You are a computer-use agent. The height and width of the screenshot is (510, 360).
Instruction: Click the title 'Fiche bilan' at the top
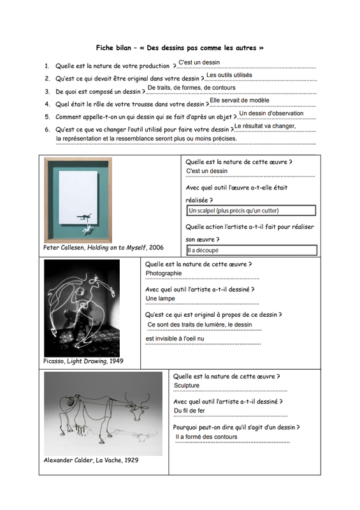[x=113, y=48]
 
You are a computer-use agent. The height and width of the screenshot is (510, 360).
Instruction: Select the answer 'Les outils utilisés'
[x=229, y=75]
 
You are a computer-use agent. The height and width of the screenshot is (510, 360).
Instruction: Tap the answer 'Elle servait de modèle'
[x=240, y=100]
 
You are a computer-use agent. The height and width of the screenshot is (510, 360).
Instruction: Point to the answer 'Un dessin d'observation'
[x=271, y=113]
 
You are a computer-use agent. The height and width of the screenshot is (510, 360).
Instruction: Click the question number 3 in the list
[x=47, y=92]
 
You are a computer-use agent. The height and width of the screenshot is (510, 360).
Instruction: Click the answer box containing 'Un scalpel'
[x=251, y=210]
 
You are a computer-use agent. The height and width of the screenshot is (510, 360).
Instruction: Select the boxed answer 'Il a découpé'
[x=252, y=250]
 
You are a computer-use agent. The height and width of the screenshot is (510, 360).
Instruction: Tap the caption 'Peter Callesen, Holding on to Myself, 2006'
[x=103, y=247]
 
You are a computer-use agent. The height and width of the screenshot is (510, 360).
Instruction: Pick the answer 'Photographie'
[x=164, y=273]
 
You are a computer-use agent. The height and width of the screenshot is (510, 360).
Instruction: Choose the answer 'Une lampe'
[x=161, y=298]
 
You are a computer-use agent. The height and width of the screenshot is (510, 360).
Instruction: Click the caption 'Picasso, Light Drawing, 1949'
[x=83, y=361]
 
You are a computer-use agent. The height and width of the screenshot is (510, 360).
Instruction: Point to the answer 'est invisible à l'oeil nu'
[x=175, y=339]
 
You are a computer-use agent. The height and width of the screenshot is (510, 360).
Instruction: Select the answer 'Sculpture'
[x=187, y=386]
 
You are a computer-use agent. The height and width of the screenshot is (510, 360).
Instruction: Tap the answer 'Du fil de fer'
[x=189, y=411]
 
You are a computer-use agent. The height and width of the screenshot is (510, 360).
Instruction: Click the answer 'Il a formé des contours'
[x=206, y=437]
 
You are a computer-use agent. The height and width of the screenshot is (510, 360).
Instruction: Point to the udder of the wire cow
[x=80, y=429]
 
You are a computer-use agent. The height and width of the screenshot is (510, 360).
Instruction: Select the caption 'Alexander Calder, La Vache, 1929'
[x=91, y=460]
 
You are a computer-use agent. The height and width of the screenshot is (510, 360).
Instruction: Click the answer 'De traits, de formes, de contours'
[x=192, y=88]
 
